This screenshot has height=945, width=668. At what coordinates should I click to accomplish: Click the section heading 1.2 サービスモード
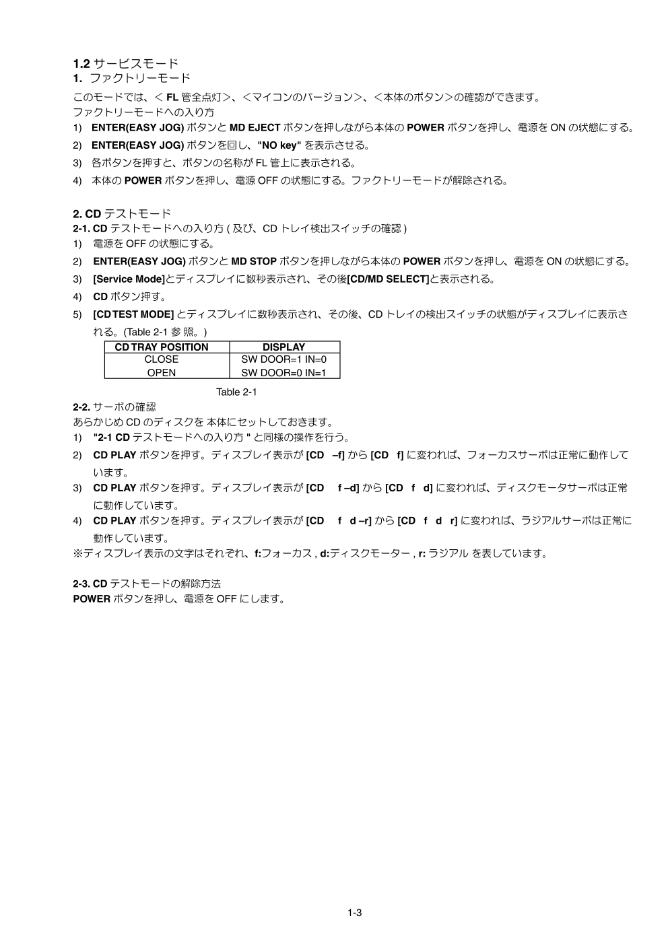pos(126,64)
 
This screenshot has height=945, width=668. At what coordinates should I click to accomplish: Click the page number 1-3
pos(355,913)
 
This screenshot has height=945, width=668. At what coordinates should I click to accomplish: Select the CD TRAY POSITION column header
pos(162,347)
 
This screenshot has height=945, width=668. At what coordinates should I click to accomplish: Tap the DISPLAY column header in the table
pos(283,347)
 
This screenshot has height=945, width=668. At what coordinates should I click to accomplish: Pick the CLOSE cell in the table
pos(162,359)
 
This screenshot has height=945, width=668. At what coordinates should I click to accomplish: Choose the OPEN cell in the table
pos(162,372)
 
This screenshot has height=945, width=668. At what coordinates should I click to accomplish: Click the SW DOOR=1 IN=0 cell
pos(283,359)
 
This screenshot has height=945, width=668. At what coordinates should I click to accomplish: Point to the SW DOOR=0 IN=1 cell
pos(283,372)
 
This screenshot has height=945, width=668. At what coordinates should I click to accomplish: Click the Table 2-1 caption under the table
pos(236,392)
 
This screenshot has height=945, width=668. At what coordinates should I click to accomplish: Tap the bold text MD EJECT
pos(255,128)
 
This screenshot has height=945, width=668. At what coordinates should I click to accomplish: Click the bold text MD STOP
pos(254,262)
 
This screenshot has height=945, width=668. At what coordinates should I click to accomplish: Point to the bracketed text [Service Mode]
pos(129,279)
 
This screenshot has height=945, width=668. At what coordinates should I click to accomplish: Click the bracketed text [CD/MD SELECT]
pos(388,279)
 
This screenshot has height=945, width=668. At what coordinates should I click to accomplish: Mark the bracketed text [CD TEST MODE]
pos(134,314)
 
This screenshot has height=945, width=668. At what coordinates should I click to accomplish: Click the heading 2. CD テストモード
pos(122,215)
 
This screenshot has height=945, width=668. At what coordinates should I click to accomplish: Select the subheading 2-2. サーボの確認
pos(114,407)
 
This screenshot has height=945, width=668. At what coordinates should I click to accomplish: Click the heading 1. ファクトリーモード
pos(132,79)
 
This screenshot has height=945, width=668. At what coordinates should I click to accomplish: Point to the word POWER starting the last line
pos(91,598)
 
